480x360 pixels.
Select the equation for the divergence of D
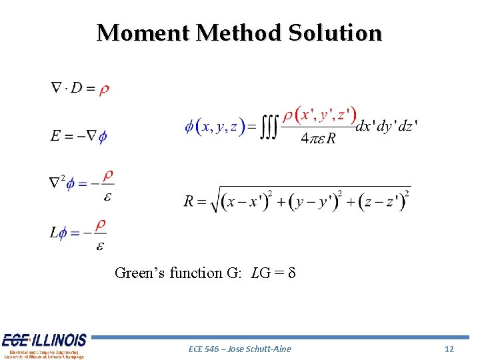[x=80, y=89]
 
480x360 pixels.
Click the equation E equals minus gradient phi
[x=79, y=136]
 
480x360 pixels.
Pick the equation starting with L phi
[x=79, y=233]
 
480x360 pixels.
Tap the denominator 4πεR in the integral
[x=318, y=139]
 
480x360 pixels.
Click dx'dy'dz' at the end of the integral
[x=387, y=126]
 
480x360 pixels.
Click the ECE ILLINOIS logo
[x=44, y=345]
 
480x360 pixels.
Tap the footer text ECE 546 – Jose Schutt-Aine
[x=240, y=349]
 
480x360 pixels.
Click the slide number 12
[x=449, y=349]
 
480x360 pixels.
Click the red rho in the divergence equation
[x=105, y=90]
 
